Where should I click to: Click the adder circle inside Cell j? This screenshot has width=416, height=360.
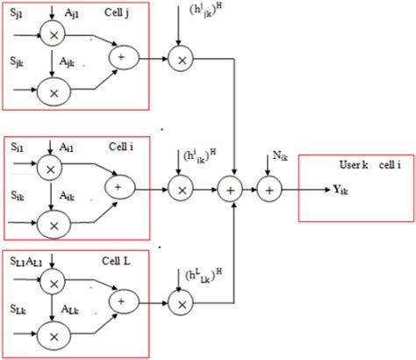click(x=118, y=58)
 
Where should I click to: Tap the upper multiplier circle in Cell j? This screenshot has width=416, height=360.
click(x=55, y=38)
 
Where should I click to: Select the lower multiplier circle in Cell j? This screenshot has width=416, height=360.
click(x=55, y=91)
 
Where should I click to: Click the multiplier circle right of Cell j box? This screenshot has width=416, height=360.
click(x=181, y=59)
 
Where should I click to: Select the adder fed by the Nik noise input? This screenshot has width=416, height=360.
click(x=269, y=188)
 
